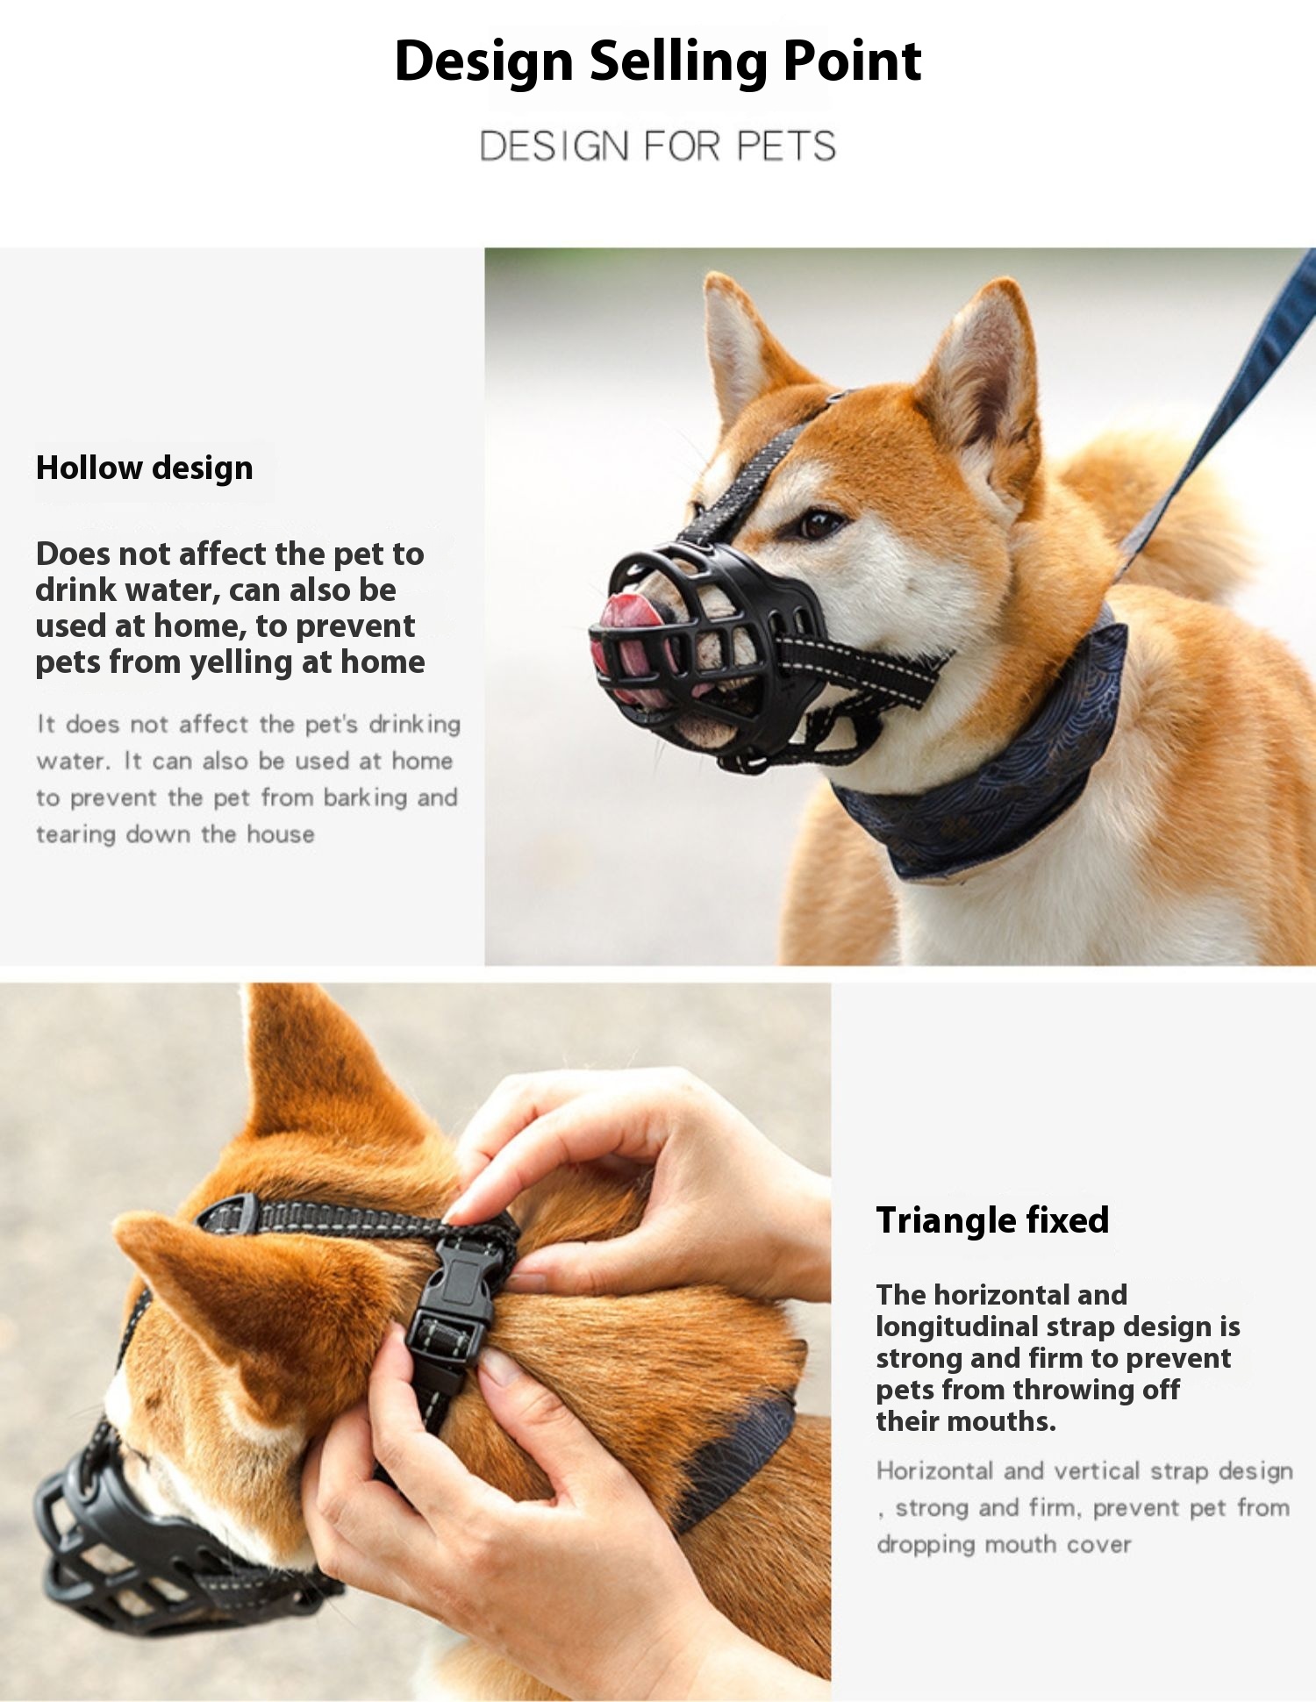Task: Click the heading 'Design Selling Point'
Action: tap(658, 62)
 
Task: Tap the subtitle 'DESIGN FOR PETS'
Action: tap(658, 146)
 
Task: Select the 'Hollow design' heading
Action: tap(144, 468)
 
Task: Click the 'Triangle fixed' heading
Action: tap(992, 1220)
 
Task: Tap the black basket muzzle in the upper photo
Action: tap(702, 654)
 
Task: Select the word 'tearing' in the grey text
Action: tap(76, 834)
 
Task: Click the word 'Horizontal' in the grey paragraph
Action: tap(935, 1470)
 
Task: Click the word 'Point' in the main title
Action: tap(852, 62)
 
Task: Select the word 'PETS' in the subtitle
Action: tap(787, 146)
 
